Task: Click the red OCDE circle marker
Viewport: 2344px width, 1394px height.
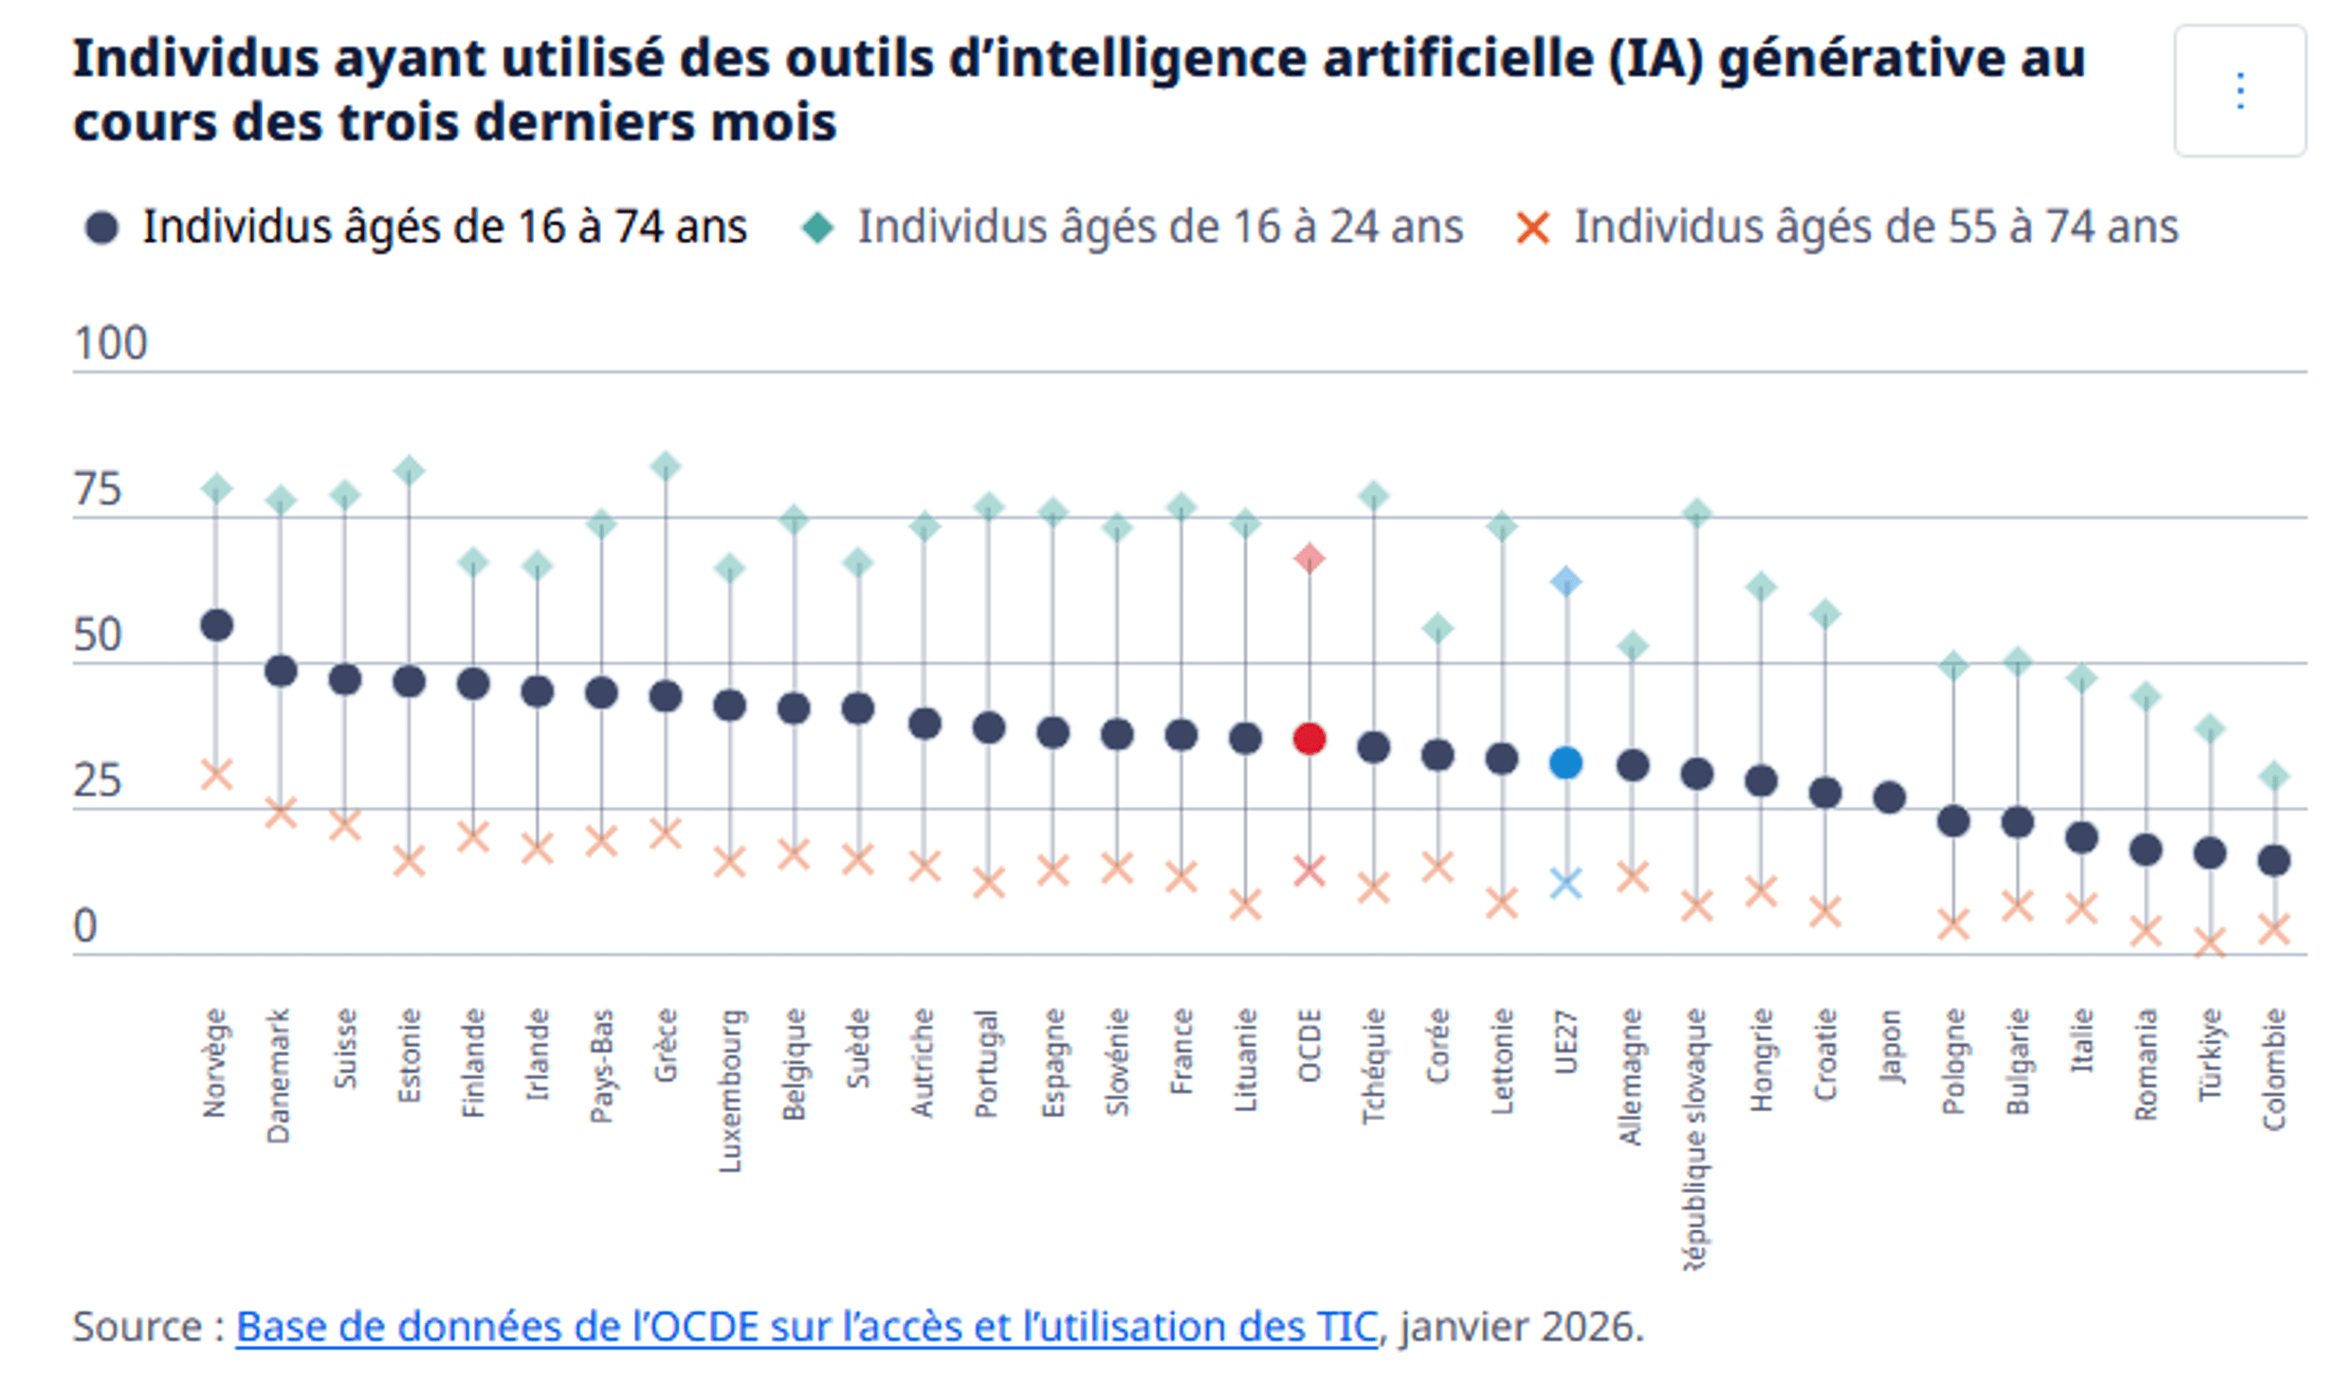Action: tap(1309, 738)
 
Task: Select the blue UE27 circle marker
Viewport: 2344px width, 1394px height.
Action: tap(1566, 761)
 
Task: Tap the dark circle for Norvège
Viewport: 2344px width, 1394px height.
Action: tap(216, 625)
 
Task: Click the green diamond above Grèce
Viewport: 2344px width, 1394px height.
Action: tap(666, 466)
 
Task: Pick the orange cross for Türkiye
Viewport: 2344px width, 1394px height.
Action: tap(2209, 943)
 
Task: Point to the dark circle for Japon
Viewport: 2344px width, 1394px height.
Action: tap(1889, 798)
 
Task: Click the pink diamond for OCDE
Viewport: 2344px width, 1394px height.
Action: tap(1309, 558)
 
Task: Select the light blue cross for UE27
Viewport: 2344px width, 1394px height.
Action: tap(1566, 883)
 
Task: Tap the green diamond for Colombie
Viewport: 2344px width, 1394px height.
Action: tap(2274, 776)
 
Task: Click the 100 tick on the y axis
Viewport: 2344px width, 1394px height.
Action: tap(110, 343)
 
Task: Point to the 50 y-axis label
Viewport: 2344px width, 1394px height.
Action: tap(98, 634)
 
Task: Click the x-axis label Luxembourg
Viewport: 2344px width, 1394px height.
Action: tap(729, 1091)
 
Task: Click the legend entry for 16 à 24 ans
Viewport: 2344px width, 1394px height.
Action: tap(1159, 228)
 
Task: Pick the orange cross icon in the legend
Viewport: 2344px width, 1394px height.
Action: tap(1532, 229)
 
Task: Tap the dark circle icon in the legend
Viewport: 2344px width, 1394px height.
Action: tap(101, 229)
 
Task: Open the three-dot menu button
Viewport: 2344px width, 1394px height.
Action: tap(2240, 91)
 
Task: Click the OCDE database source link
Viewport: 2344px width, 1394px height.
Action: tap(806, 1327)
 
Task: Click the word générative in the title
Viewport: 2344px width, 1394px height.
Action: tap(1901, 59)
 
